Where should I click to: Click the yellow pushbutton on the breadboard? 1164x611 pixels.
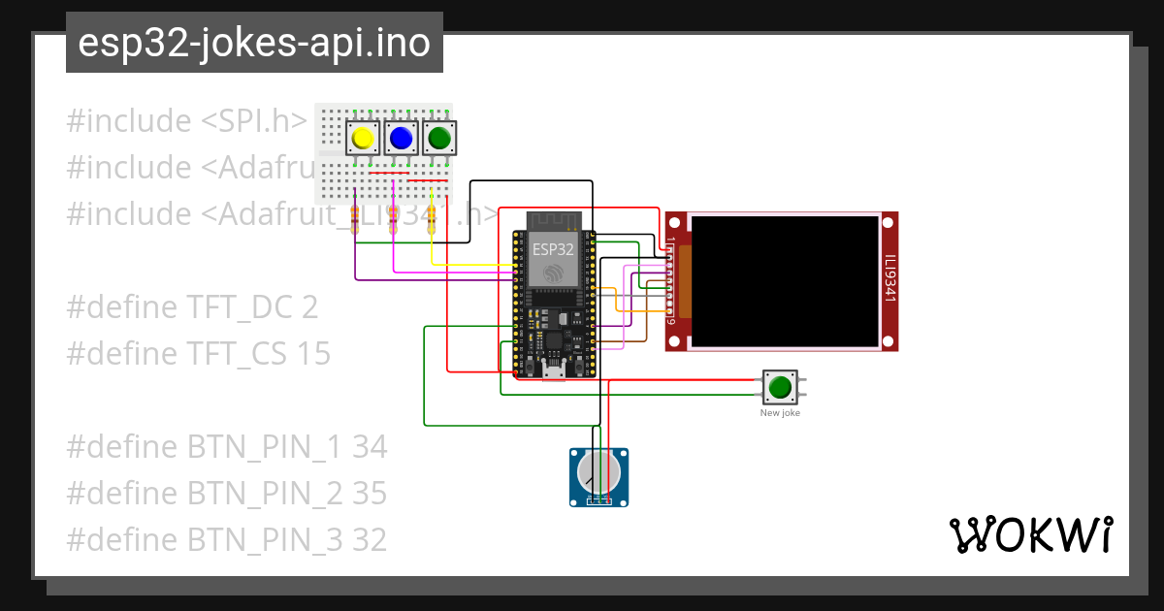pyautogui.click(x=363, y=139)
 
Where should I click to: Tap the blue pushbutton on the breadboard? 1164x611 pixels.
pyautogui.click(x=401, y=139)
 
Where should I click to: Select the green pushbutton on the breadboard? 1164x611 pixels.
pyautogui.click(x=439, y=139)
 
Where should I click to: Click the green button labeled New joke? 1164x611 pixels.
pyautogui.click(x=780, y=387)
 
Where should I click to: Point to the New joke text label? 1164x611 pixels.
pyautogui.click(x=780, y=413)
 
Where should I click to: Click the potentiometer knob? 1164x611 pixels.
pyautogui.click(x=598, y=473)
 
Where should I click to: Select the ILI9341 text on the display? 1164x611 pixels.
pyautogui.click(x=889, y=279)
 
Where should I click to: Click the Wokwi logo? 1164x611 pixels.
pyautogui.click(x=1029, y=534)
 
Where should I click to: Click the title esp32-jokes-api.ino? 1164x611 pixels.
pyautogui.click(x=254, y=44)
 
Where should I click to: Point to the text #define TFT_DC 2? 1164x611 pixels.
pyautogui.click(x=192, y=307)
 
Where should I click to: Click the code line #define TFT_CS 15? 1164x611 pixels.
pyautogui.click(x=198, y=354)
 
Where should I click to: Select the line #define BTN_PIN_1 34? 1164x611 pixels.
pyautogui.click(x=226, y=447)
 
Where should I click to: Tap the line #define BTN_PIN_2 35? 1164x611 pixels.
pyautogui.click(x=226, y=494)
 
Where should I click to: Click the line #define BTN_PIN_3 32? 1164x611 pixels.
pyautogui.click(x=226, y=539)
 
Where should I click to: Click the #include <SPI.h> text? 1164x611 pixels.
pyautogui.click(x=187, y=121)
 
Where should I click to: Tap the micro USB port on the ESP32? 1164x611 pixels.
pyautogui.click(x=554, y=370)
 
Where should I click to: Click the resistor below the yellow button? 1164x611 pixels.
pyautogui.click(x=355, y=220)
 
